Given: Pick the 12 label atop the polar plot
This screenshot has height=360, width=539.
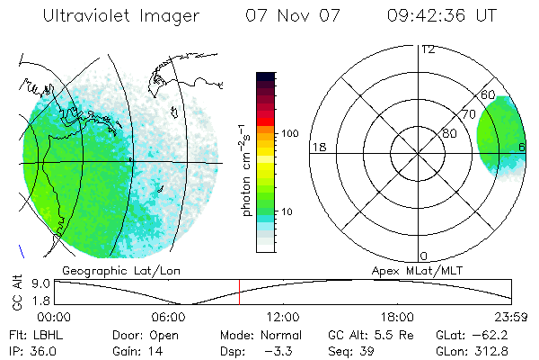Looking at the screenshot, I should pos(429,49).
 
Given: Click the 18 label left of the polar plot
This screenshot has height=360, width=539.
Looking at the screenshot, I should pos(318,147).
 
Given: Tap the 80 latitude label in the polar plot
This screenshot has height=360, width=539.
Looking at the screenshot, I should pos(449,133).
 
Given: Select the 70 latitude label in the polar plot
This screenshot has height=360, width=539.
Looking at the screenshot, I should pos(468,114).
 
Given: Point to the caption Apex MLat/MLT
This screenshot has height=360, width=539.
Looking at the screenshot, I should pos(415,270).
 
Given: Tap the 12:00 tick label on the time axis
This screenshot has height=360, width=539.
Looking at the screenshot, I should pos(284,316).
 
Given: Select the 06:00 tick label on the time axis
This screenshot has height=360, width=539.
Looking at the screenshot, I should pos(169,316).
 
